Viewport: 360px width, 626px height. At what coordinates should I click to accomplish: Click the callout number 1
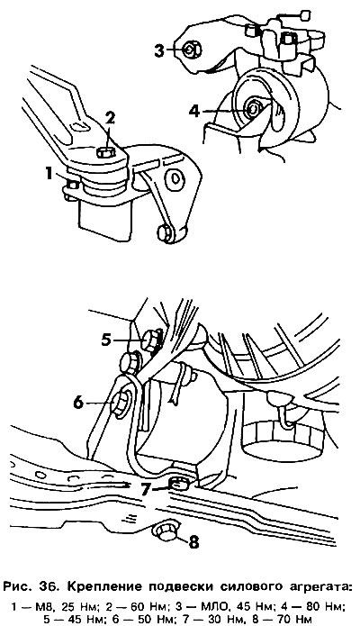tap(49, 174)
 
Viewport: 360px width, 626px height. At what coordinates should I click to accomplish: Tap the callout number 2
tap(110, 118)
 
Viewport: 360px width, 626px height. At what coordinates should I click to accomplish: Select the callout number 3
tap(158, 50)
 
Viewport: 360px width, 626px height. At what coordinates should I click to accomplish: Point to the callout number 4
tap(194, 111)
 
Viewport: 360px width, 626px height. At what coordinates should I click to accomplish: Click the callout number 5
tap(106, 340)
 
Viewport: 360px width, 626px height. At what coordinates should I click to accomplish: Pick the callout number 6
tap(78, 403)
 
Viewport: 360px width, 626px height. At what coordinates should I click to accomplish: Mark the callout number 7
tap(146, 489)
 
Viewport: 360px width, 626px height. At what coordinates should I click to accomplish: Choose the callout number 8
tap(193, 541)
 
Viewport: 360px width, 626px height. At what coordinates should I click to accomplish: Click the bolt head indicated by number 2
tap(106, 152)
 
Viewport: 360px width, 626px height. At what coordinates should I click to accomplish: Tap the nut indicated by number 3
tap(192, 50)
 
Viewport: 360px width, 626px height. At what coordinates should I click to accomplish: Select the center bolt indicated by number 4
tap(253, 108)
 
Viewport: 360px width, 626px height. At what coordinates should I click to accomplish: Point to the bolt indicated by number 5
tap(150, 340)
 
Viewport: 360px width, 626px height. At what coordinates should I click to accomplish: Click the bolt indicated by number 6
tap(120, 404)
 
